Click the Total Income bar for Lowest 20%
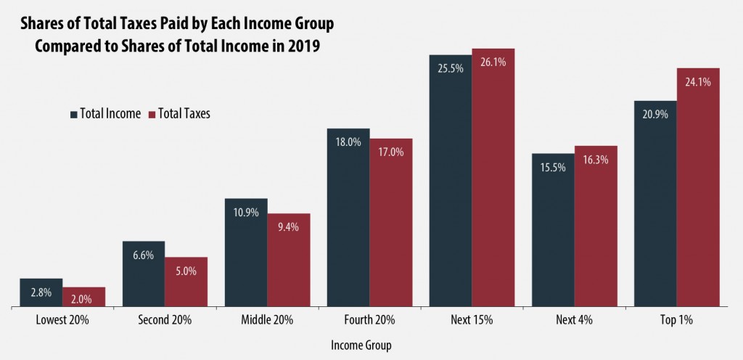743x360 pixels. [41, 292]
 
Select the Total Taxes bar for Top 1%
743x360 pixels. [698, 189]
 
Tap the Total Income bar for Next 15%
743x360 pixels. [450, 181]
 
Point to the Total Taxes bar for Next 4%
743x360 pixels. [596, 226]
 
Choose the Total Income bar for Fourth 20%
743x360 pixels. [348, 218]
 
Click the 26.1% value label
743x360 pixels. [493, 62]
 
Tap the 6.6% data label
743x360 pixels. [144, 255]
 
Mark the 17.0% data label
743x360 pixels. [390, 152]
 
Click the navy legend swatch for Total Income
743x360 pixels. [73, 114]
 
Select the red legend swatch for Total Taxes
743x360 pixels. [152, 114]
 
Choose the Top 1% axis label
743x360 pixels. [676, 320]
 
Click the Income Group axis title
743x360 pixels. [360, 345]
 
